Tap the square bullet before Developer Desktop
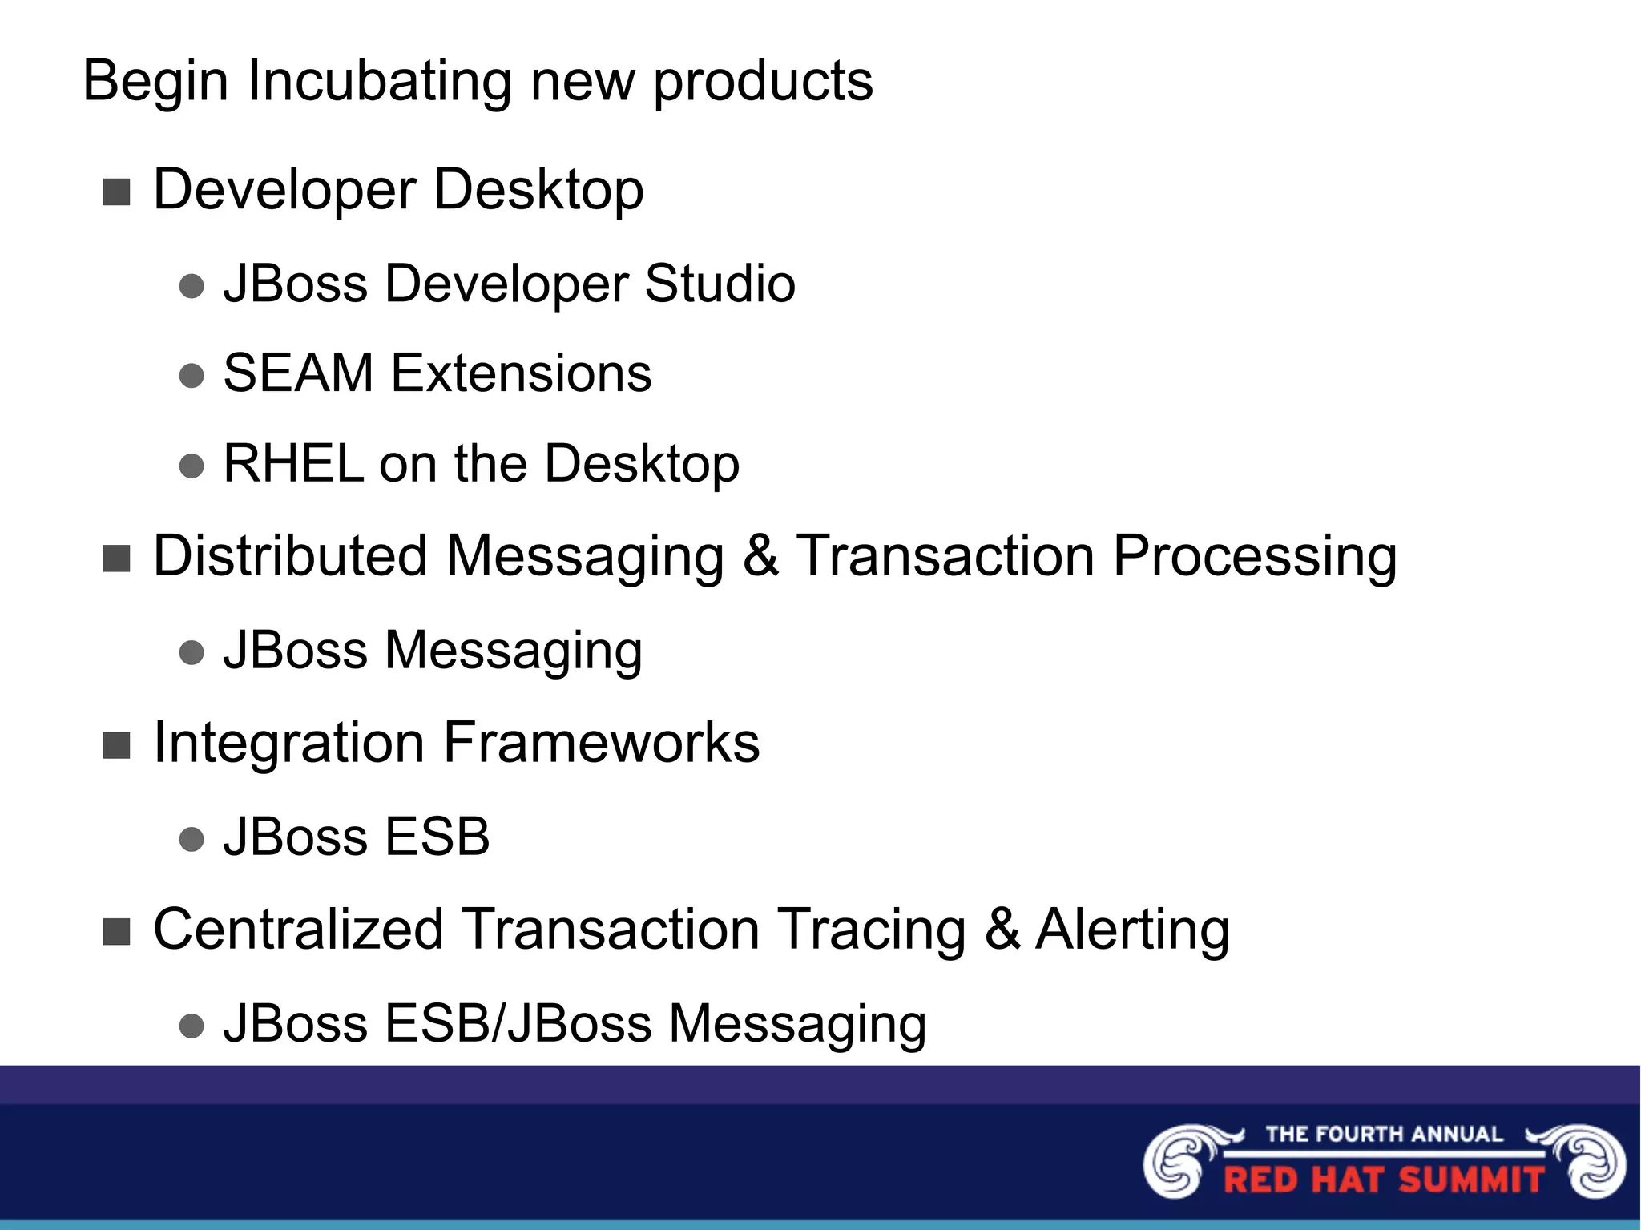[x=117, y=192]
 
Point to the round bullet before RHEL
[x=192, y=466]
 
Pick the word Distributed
[x=290, y=555]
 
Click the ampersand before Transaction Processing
[x=760, y=555]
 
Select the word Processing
[x=1254, y=557]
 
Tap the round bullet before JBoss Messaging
[x=192, y=652]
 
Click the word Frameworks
[x=601, y=743]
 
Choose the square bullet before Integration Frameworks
[x=117, y=745]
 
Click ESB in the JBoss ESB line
[x=437, y=837]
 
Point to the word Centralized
[x=298, y=930]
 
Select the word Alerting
[x=1131, y=930]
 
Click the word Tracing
[x=872, y=930]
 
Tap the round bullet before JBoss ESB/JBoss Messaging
[x=192, y=1026]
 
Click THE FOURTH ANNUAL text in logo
[x=1384, y=1135]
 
